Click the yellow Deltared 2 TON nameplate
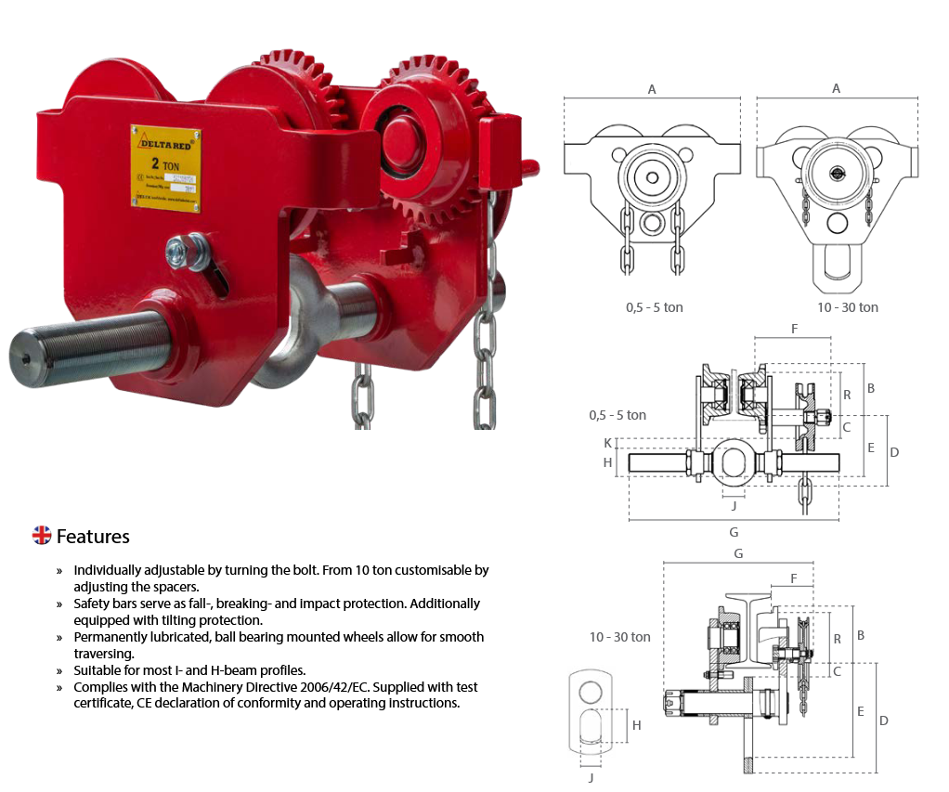pyautogui.click(x=166, y=167)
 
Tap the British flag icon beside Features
pyautogui.click(x=42, y=535)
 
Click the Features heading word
pyautogui.click(x=93, y=537)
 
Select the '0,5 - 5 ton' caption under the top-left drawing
pyautogui.click(x=654, y=306)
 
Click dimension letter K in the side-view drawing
pyautogui.click(x=608, y=444)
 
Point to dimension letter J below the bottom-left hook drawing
pyautogui.click(x=591, y=777)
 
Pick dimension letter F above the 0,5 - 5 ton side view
pyautogui.click(x=794, y=329)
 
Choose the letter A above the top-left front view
pyautogui.click(x=652, y=89)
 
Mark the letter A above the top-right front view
pyautogui.click(x=837, y=89)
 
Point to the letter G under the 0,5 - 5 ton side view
pyautogui.click(x=734, y=532)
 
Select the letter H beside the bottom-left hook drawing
pyautogui.click(x=636, y=725)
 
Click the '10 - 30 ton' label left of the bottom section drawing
pyautogui.click(x=619, y=637)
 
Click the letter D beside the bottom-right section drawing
pyautogui.click(x=883, y=721)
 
